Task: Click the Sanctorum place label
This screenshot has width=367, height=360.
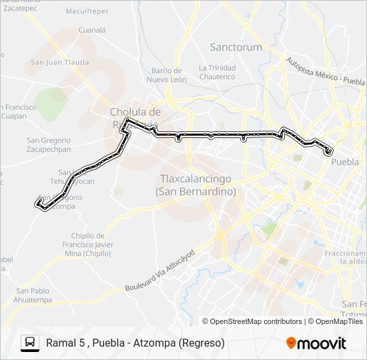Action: [x=236, y=47]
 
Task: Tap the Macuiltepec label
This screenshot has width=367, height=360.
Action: [x=87, y=11]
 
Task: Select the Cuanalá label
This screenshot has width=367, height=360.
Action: [x=93, y=30]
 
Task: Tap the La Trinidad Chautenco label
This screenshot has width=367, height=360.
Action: [x=217, y=73]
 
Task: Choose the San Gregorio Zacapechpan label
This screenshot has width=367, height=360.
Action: [x=48, y=145]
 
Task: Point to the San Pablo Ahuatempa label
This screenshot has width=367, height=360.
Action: [x=33, y=295]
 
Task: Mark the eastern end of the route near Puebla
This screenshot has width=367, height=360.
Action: [x=328, y=152]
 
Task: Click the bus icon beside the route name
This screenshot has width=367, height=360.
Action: [x=30, y=343]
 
